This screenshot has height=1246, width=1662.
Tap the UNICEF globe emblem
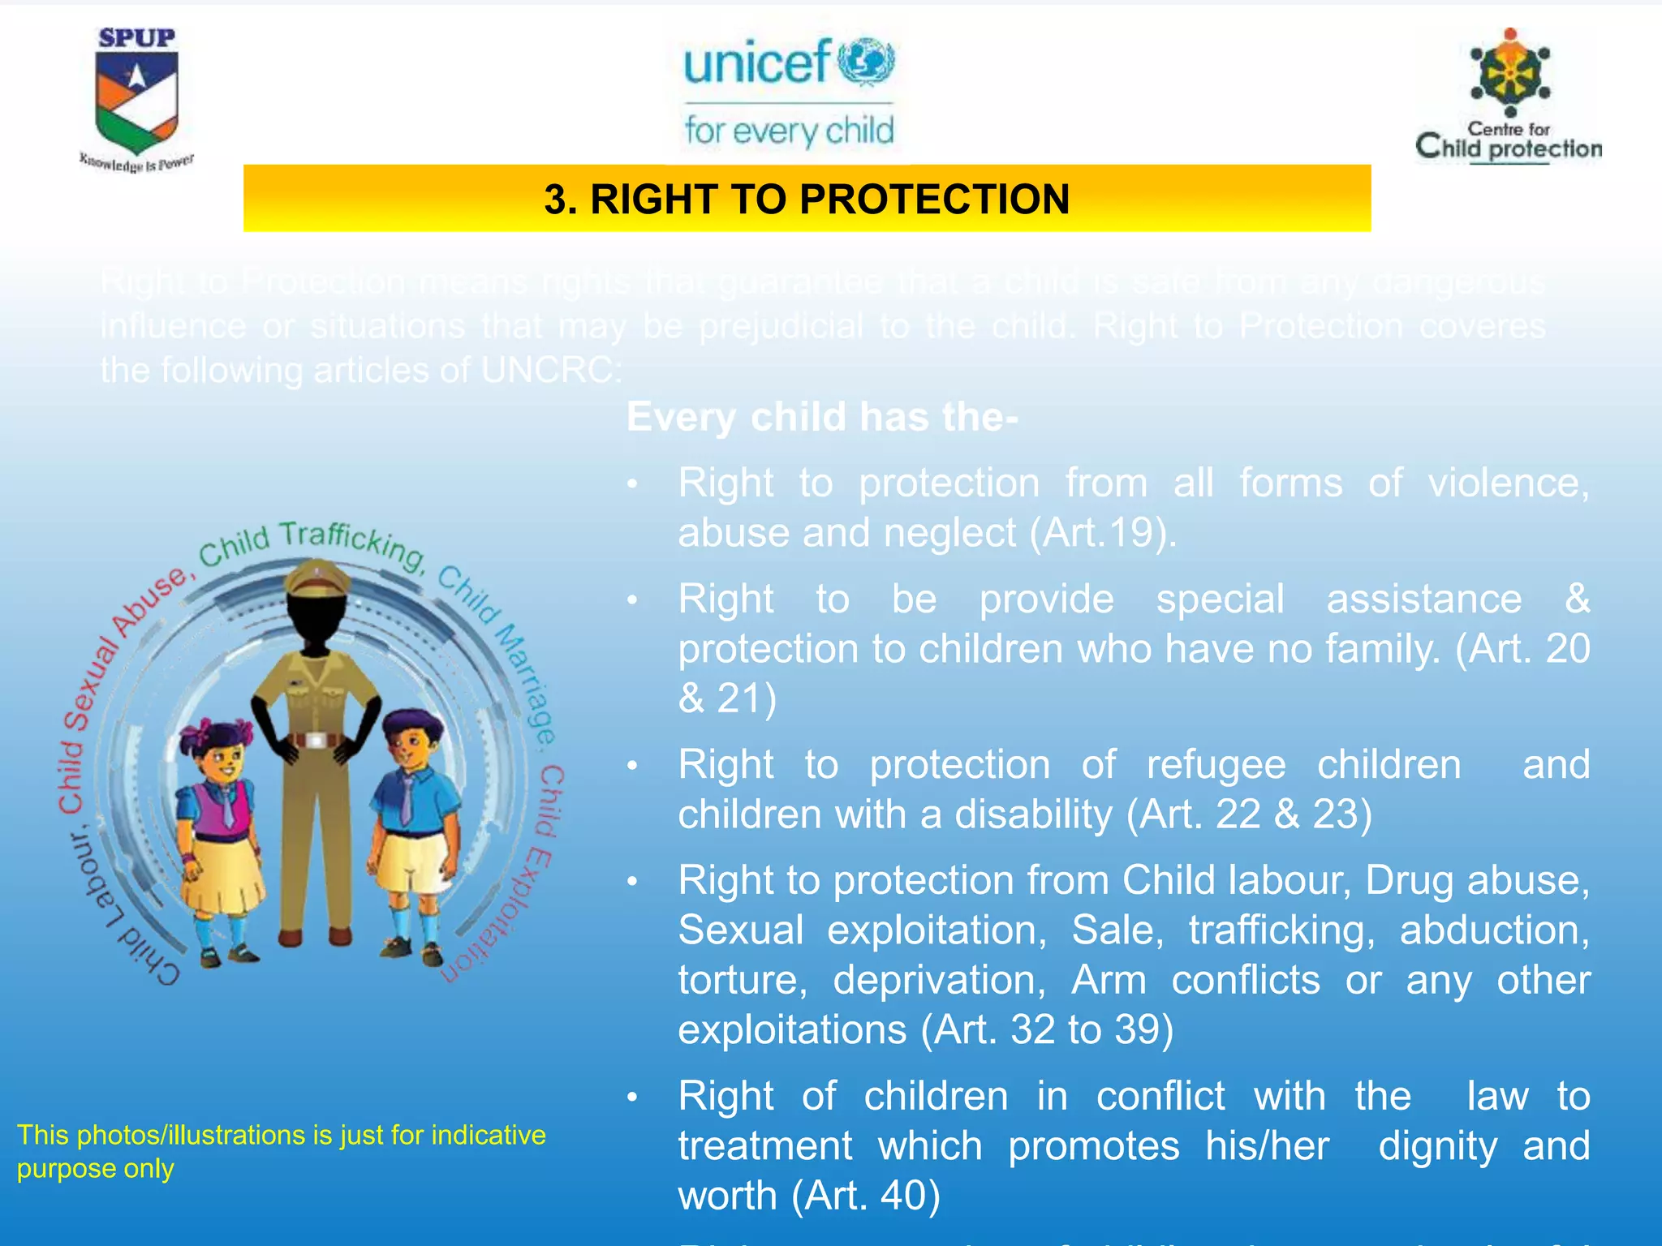866,62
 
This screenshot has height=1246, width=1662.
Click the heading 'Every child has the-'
821,417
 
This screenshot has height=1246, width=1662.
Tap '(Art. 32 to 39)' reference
1047,1029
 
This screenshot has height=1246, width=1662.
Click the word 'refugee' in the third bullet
1216,765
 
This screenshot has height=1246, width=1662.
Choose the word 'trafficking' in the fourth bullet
1281,930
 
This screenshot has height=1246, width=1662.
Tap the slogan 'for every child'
788,131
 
